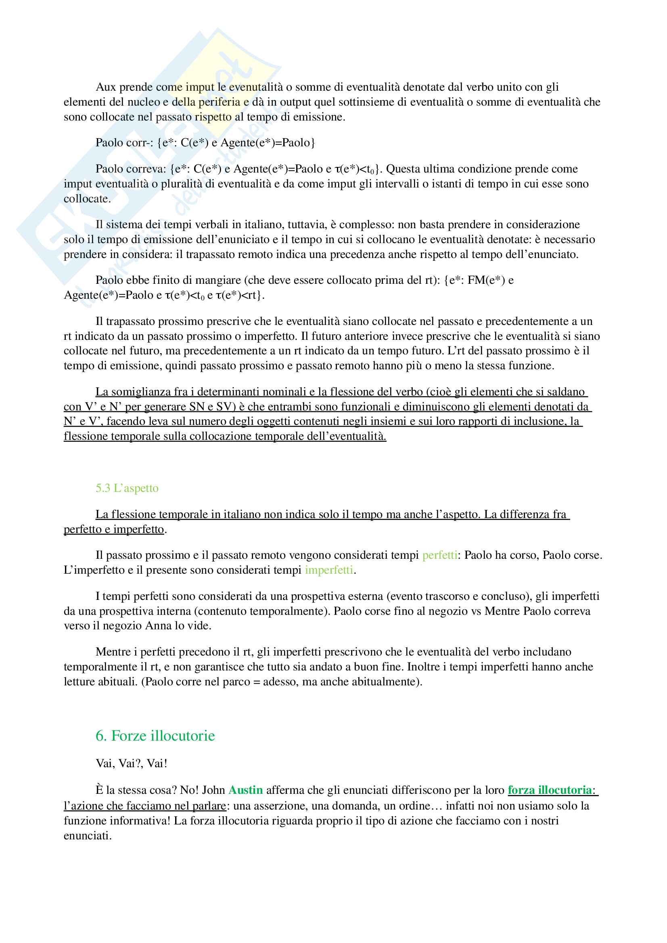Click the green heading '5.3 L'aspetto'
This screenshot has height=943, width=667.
pyautogui.click(x=127, y=488)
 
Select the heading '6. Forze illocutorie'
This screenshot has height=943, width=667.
pyautogui.click(x=155, y=736)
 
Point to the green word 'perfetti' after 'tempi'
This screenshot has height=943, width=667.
pyautogui.click(x=440, y=555)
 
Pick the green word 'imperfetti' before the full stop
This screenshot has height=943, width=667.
pyautogui.click(x=329, y=570)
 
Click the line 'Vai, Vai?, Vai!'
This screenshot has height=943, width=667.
pyautogui.click(x=132, y=763)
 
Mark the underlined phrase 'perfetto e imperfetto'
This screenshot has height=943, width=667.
pyautogui.click(x=114, y=529)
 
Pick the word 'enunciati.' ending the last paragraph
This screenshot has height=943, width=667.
pyautogui.click(x=88, y=835)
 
